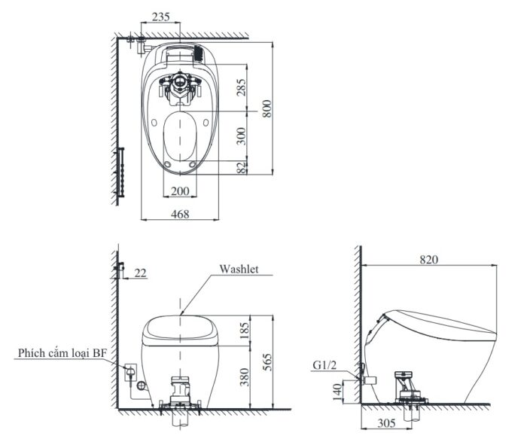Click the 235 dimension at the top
click(160, 17)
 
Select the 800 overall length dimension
click(267, 108)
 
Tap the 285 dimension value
click(241, 87)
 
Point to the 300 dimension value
click(241, 136)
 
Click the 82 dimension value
click(242, 168)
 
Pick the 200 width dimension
click(180, 191)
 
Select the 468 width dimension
click(180, 214)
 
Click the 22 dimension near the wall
click(141, 273)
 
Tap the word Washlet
click(239, 269)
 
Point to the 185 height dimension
click(245, 330)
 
